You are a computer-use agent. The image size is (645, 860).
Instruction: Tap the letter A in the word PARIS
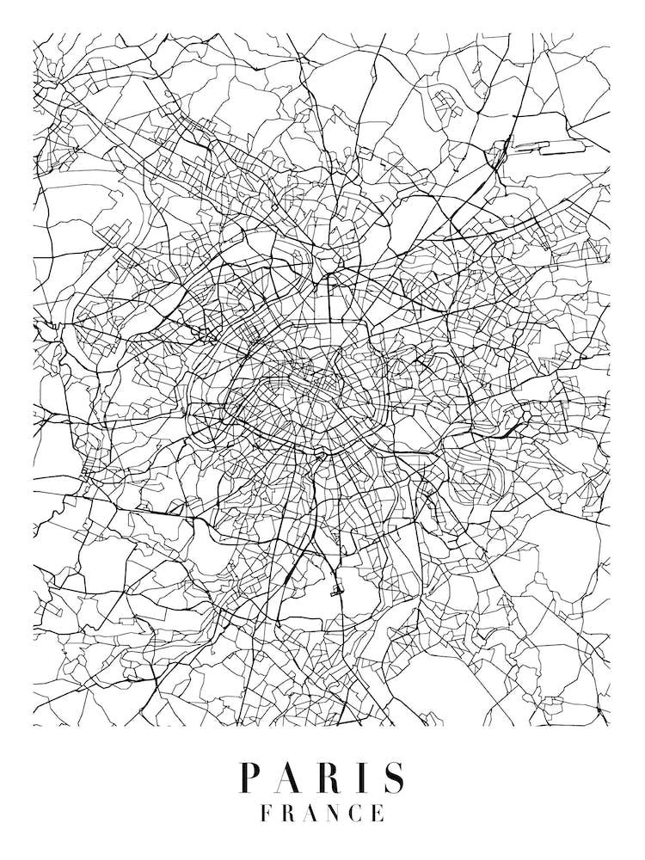pos(290,778)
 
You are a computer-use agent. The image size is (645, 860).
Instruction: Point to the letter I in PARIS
pos(365,778)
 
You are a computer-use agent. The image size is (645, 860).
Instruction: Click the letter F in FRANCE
pos(267,813)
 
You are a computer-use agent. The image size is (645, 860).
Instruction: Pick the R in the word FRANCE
pos(289,813)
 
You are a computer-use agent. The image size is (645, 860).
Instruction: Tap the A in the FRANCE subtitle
pos(311,813)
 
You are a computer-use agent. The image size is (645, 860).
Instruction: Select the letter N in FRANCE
pos(335,813)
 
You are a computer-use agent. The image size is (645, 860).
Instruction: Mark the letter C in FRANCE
pos(357,813)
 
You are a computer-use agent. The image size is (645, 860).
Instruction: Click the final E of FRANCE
pos(378,813)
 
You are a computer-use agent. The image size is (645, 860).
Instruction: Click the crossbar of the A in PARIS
pos(289,783)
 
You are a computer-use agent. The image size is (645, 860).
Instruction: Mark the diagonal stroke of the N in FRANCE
pos(335,813)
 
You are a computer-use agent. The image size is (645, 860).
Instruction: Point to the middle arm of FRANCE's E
pos(378,813)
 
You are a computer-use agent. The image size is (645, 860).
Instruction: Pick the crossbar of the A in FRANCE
pos(311,816)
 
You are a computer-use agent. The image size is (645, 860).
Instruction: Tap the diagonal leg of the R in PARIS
pos(337,787)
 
